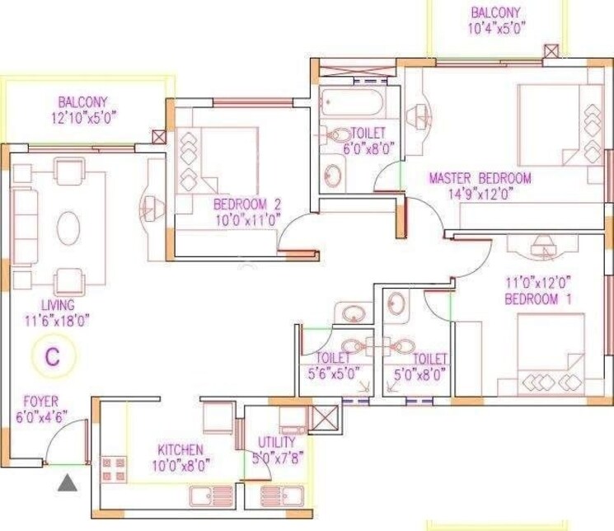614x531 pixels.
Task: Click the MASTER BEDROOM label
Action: pyautogui.click(x=480, y=178)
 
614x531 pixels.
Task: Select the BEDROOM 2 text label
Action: pyautogui.click(x=247, y=204)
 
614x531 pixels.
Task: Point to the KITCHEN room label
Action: pyautogui.click(x=180, y=450)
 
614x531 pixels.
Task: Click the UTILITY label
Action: pyautogui.click(x=276, y=442)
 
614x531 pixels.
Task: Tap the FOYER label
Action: pyautogui.click(x=40, y=402)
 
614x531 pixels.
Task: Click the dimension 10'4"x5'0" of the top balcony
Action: pyautogui.click(x=496, y=27)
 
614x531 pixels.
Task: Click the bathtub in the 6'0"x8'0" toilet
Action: pyautogui.click(x=350, y=103)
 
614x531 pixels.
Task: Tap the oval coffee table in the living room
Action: pyautogui.click(x=68, y=225)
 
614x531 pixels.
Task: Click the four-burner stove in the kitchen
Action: pyautogui.click(x=114, y=472)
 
